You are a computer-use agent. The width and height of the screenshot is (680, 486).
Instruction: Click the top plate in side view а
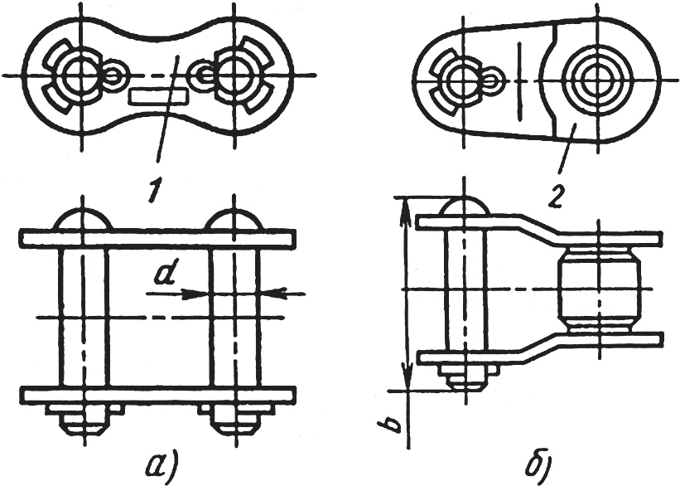157,238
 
